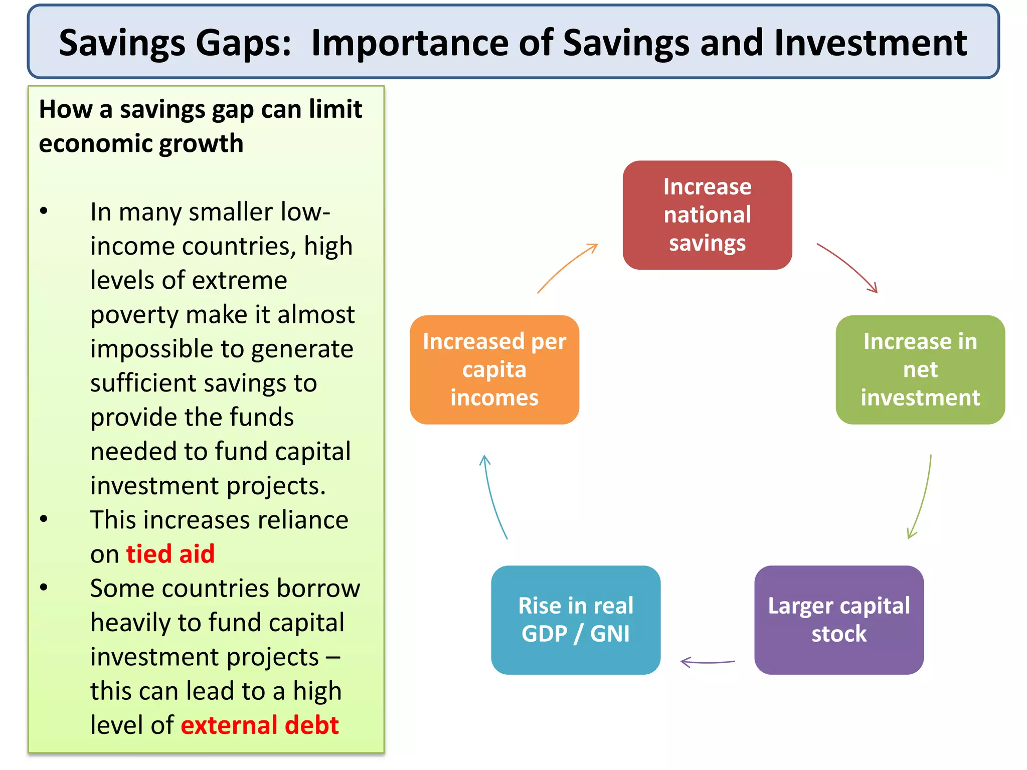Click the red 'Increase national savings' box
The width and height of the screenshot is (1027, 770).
tap(707, 215)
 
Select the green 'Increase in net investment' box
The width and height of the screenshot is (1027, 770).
tap(920, 369)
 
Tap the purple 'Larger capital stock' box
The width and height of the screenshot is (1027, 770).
tap(838, 620)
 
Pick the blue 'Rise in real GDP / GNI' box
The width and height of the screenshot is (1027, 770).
tap(575, 620)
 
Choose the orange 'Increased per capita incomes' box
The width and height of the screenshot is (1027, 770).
tap(494, 369)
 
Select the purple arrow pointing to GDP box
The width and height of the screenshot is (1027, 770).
tap(707, 662)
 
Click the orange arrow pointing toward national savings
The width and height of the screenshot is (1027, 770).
tap(567, 267)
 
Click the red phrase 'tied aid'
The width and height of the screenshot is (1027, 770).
tap(170, 554)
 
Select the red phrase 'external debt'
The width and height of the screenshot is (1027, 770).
tap(260, 725)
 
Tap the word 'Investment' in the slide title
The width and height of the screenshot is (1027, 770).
tap(870, 43)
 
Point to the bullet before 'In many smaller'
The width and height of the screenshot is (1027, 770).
tap(44, 211)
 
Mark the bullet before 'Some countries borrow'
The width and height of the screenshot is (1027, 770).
tap(44, 587)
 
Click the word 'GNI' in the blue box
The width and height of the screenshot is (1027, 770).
tap(609, 634)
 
